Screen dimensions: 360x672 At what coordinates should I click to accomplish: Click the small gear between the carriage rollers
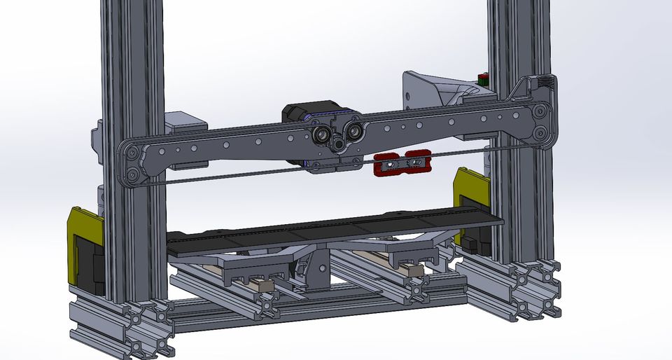click(339, 144)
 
